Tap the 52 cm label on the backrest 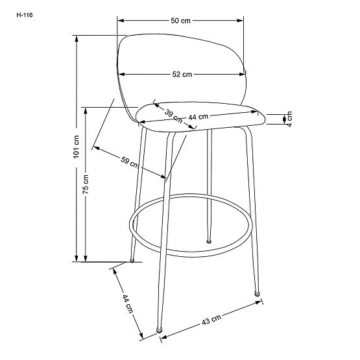(x=182, y=75)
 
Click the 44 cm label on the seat (x=198, y=117)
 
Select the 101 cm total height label (x=76, y=148)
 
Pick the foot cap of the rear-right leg (x=209, y=241)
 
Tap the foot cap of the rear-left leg (x=132, y=261)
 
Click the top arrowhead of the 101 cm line (x=77, y=38)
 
